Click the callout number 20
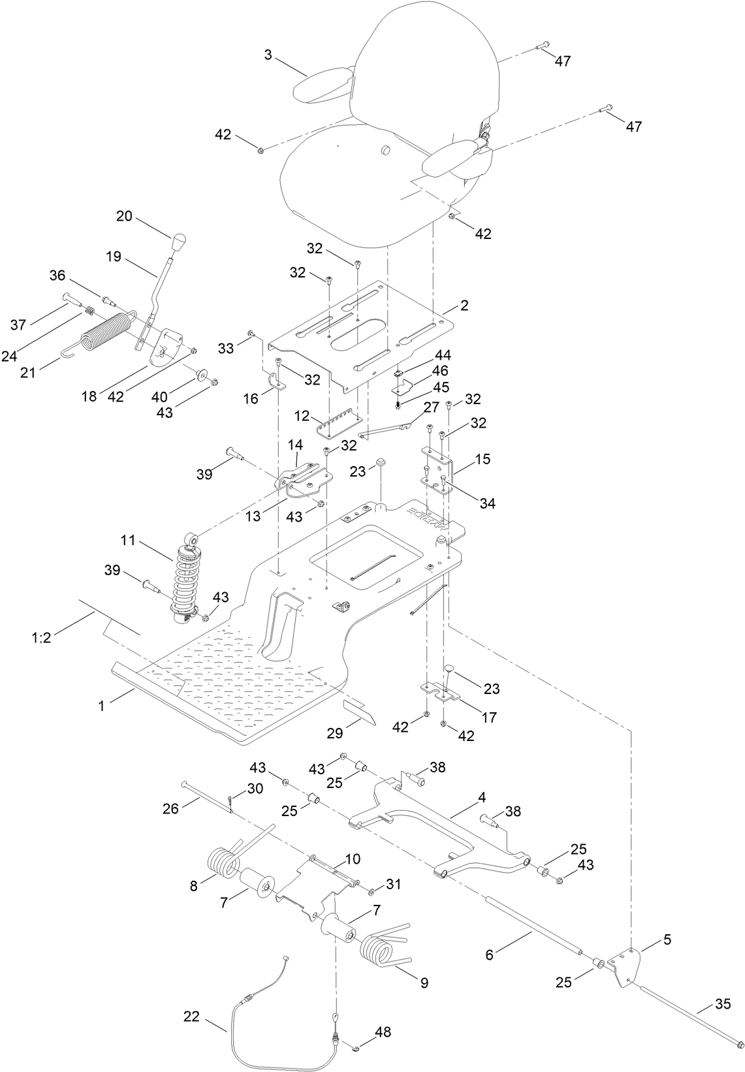[125, 216]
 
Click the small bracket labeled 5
[625, 960]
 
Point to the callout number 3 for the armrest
[268, 55]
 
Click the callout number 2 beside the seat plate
[464, 305]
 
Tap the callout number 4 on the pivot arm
[482, 798]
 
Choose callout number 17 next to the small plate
[489, 717]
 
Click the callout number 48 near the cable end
[383, 1032]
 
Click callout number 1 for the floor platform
[101, 705]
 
